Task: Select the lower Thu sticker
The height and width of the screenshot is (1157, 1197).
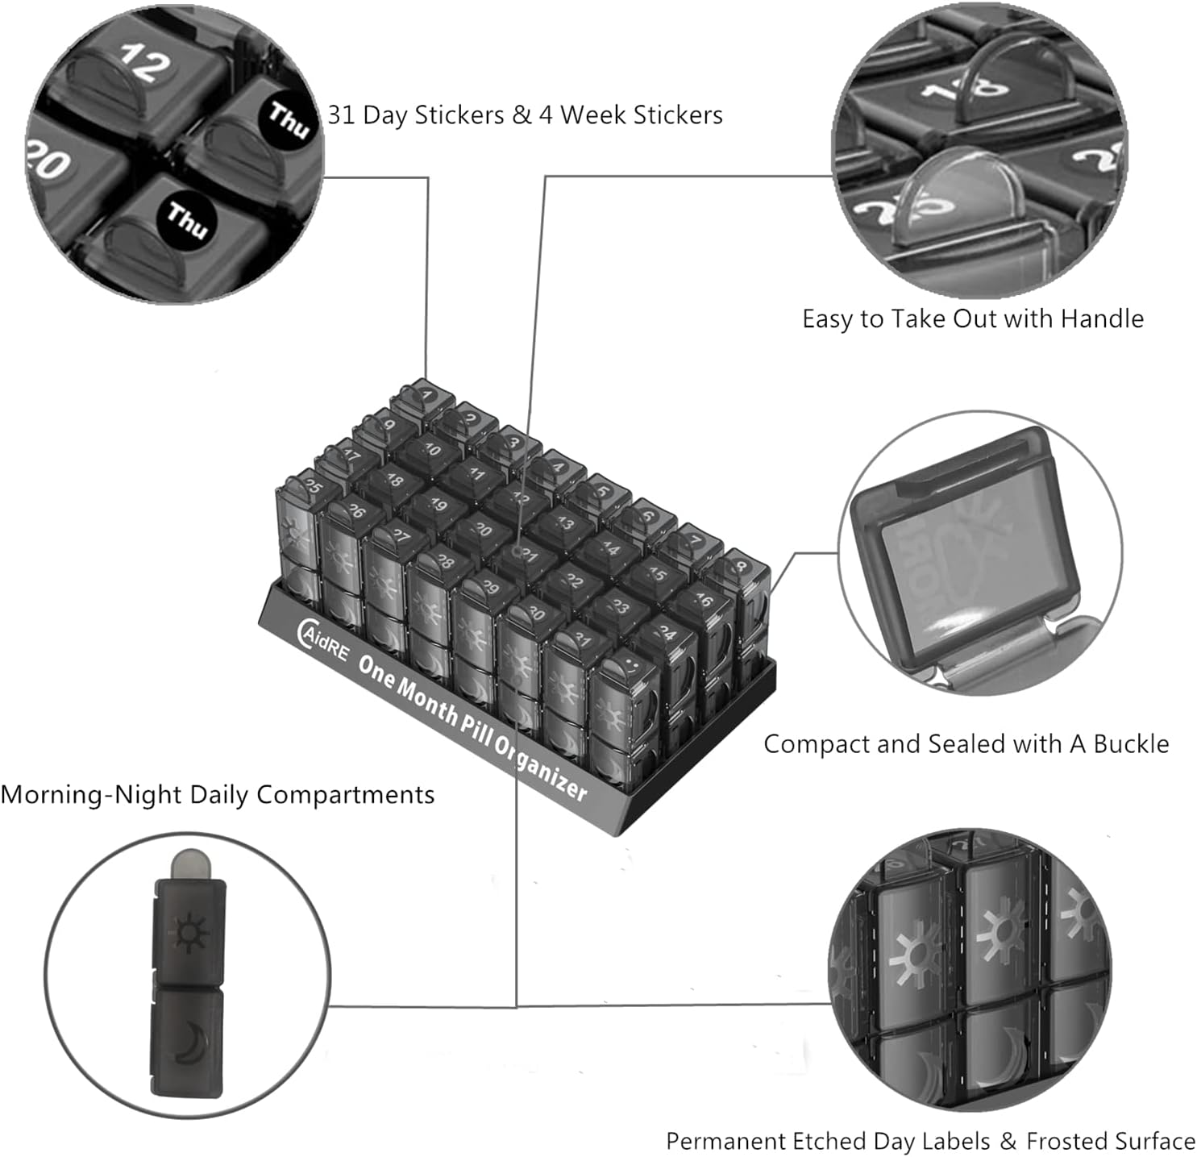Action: pos(187,218)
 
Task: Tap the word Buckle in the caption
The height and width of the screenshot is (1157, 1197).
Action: pos(1130,744)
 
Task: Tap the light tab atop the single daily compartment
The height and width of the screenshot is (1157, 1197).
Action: pos(190,864)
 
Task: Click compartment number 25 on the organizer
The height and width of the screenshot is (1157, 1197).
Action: pos(311,486)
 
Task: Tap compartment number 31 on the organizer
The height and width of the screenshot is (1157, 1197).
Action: pos(581,640)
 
